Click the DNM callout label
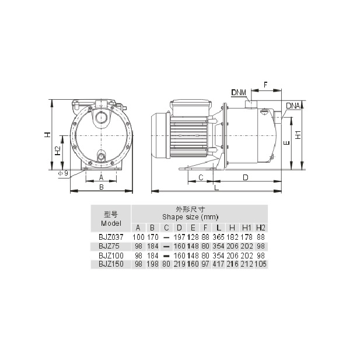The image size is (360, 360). pyautogui.click(x=239, y=92)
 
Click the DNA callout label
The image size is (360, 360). pyautogui.click(x=293, y=106)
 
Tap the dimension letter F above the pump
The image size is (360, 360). pyautogui.click(x=265, y=85)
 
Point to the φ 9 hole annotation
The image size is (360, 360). pyautogui.click(x=63, y=173)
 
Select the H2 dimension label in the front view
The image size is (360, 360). pyautogui.click(x=58, y=151)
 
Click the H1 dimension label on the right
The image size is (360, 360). pyautogui.click(x=298, y=135)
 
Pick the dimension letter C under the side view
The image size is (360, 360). pyautogui.click(x=201, y=177)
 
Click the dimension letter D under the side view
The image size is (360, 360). pyautogui.click(x=246, y=177)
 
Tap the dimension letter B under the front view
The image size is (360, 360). pyautogui.click(x=102, y=187)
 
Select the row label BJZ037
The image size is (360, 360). pyautogui.click(x=111, y=237)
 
